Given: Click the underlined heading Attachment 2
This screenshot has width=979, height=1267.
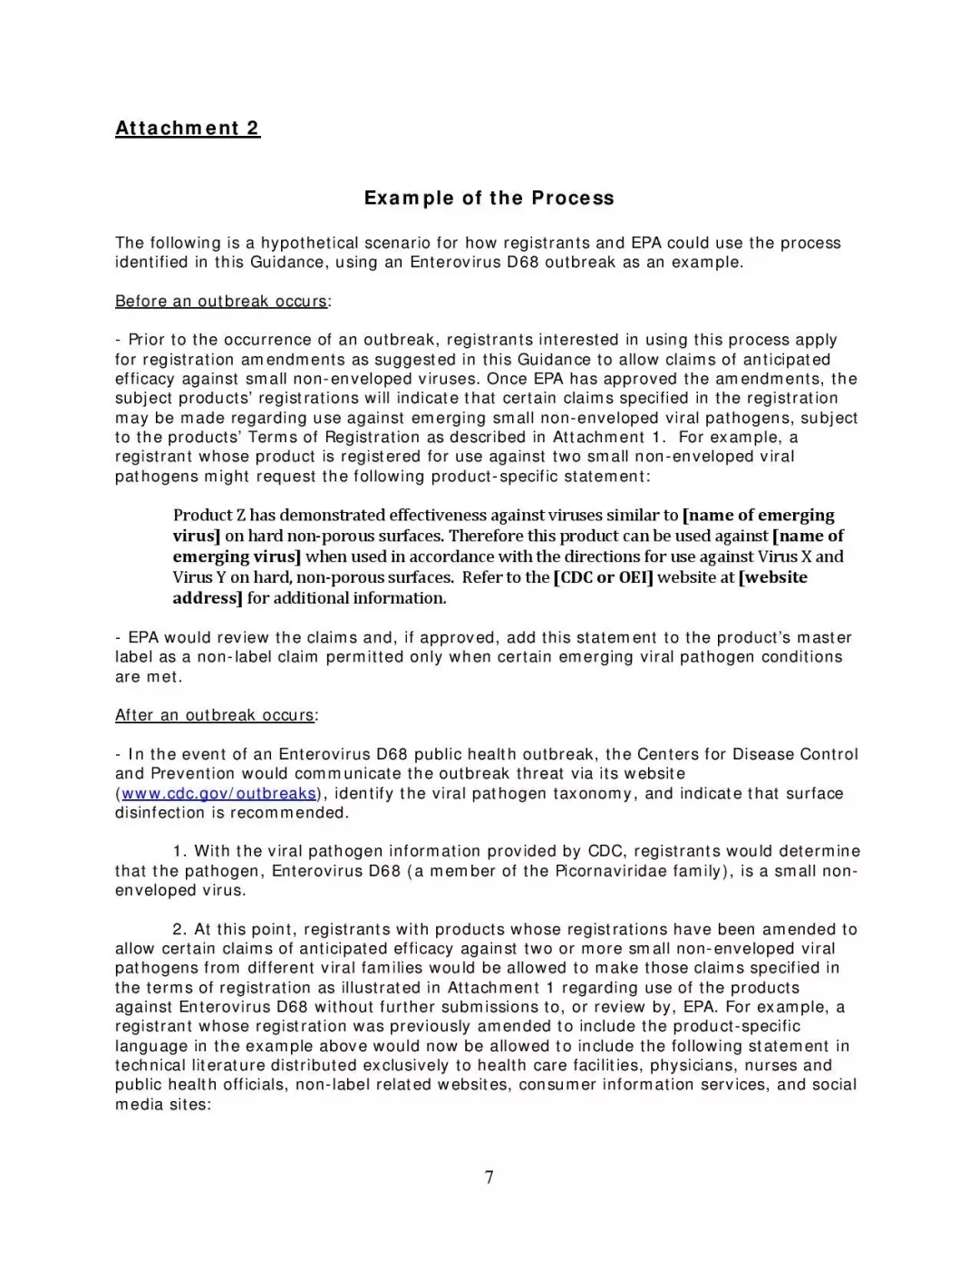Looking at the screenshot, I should [x=188, y=128].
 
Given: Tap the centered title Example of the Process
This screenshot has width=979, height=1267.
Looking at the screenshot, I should [x=489, y=198].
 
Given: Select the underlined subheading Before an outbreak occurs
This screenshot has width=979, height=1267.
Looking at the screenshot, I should [x=221, y=301].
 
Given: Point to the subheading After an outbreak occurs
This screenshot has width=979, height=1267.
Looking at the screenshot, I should [x=215, y=715].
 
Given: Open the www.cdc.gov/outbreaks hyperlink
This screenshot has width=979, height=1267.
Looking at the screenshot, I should [x=218, y=794].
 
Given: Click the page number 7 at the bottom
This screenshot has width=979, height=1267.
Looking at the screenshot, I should [x=489, y=1177].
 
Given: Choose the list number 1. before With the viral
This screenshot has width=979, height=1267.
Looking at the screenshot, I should [x=179, y=851].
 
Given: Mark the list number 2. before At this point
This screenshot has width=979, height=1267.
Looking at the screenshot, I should [x=179, y=929].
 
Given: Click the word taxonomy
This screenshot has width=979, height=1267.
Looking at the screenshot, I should [x=592, y=794].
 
